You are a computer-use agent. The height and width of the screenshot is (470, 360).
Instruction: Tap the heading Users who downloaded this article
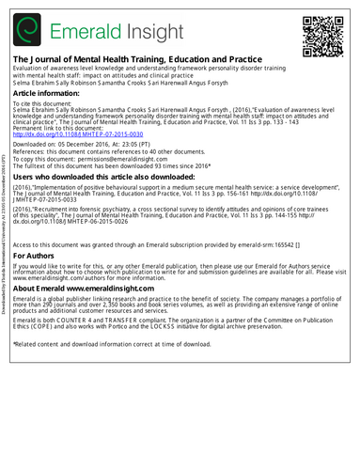[x=117, y=177]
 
